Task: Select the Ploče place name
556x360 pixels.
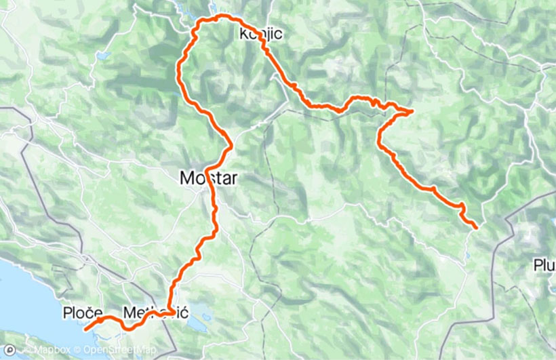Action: point(82,313)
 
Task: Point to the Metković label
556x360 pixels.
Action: point(156,313)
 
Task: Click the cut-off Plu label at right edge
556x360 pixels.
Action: point(544,264)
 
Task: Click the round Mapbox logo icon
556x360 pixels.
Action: point(8,351)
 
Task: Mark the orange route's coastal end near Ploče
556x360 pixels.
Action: point(85,329)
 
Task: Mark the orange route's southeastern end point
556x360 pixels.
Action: point(476,227)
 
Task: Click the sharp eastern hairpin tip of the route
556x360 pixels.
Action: point(412,111)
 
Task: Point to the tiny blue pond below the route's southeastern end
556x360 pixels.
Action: point(467,257)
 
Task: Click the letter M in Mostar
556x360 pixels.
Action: point(186,178)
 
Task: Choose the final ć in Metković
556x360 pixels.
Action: point(184,313)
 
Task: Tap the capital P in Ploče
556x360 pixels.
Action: point(68,313)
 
